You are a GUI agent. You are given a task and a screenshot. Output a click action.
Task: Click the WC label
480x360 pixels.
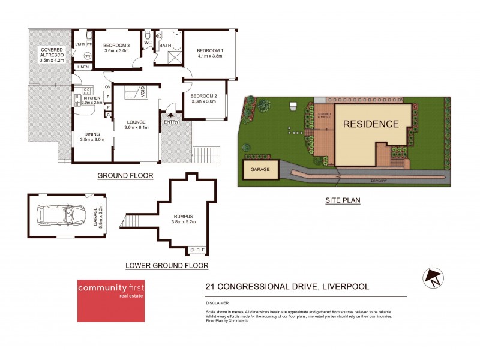[148, 43]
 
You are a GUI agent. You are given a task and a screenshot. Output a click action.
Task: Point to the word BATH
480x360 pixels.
[165, 46]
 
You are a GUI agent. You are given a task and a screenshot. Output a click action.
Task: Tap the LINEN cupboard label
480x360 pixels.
[82, 67]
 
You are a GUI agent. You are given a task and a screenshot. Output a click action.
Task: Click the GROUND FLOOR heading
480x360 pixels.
[125, 176]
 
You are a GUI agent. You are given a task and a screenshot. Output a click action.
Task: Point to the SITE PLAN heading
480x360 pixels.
[343, 201]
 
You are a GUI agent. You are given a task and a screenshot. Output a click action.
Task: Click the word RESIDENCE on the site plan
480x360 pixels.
[371, 125]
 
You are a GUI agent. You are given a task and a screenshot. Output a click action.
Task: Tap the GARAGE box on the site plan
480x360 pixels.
[260, 169]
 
